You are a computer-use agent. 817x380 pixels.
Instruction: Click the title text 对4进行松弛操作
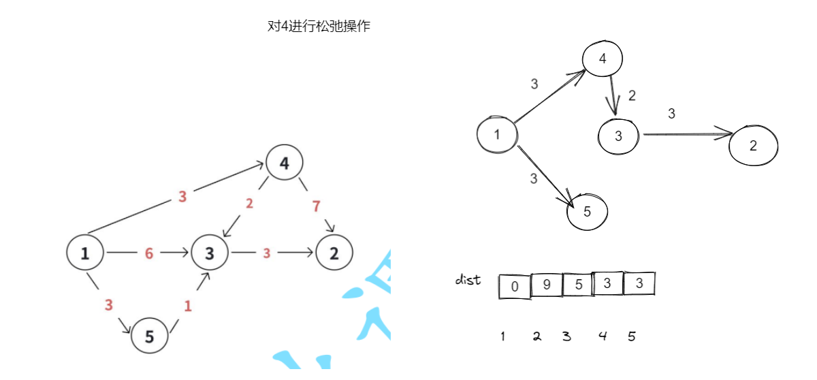(x=319, y=27)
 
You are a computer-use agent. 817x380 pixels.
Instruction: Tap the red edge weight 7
(x=316, y=206)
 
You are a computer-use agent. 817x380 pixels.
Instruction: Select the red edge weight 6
(x=148, y=253)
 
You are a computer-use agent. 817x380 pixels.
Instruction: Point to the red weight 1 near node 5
(x=188, y=306)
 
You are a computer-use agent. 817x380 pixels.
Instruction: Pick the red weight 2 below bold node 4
(x=250, y=203)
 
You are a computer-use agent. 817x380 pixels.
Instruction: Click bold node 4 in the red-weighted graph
(x=284, y=163)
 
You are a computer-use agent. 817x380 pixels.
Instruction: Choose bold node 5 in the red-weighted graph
(x=150, y=335)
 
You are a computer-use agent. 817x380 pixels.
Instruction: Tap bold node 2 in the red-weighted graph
(x=334, y=253)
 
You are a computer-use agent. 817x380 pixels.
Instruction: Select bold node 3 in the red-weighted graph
(x=210, y=253)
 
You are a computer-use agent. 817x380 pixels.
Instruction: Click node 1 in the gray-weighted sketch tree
(x=497, y=134)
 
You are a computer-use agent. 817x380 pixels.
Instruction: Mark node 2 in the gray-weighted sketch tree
(x=753, y=145)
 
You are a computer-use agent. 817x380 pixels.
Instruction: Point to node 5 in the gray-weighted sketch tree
(x=587, y=211)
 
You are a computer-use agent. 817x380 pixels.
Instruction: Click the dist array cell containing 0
(x=515, y=286)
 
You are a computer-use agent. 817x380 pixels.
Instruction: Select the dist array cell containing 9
(x=546, y=285)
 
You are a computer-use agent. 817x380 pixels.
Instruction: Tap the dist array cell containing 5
(x=578, y=285)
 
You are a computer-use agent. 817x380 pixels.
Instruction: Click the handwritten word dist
(x=468, y=280)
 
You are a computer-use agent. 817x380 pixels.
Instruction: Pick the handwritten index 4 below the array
(x=602, y=336)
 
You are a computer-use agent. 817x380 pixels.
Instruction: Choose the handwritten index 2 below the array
(x=536, y=336)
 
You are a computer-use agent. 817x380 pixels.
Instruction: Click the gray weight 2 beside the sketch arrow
(x=632, y=96)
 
